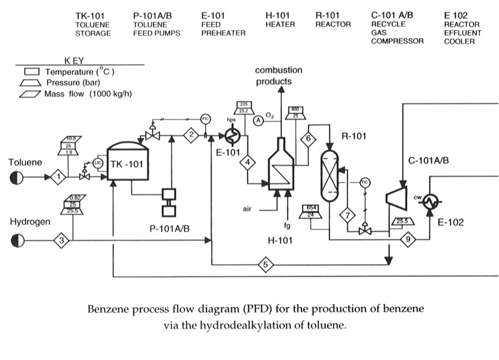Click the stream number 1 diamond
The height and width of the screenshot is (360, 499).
coord(58,176)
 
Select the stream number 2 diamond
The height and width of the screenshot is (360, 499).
coord(192,135)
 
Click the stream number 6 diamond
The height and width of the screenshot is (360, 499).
coord(308,139)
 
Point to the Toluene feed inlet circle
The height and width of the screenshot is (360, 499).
coord(17,177)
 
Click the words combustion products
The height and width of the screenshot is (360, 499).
coord(279,76)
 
